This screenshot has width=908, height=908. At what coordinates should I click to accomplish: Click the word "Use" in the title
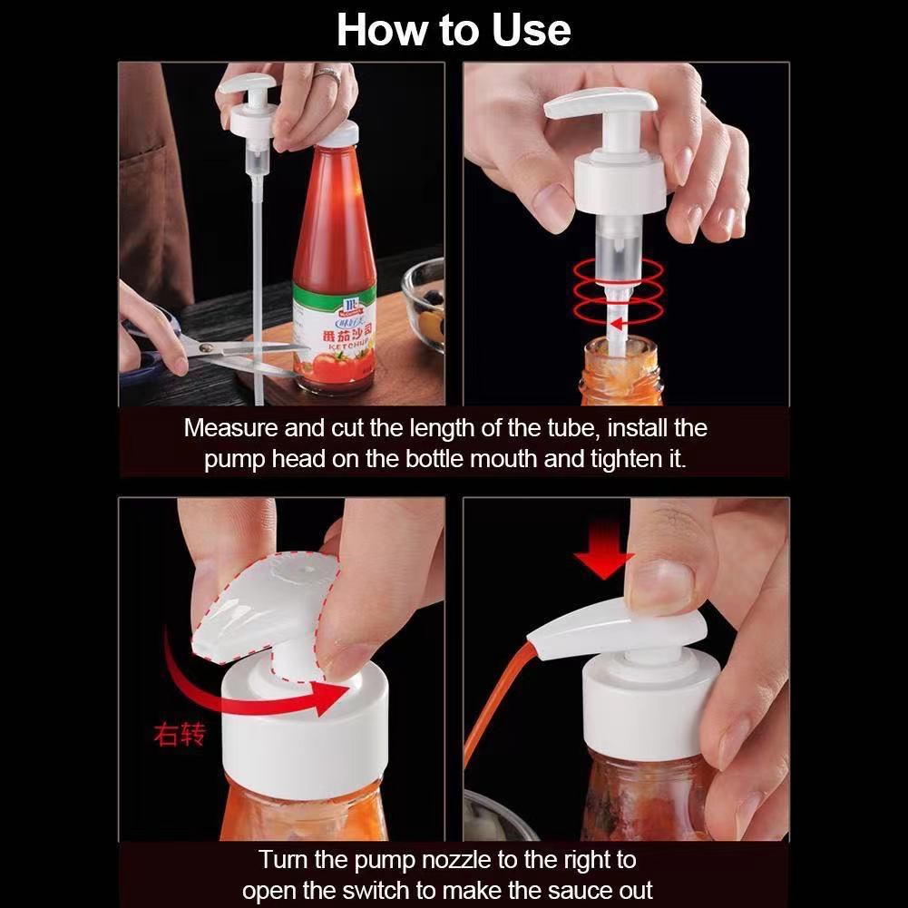[x=531, y=30]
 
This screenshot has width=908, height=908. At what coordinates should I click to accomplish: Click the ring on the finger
[x=327, y=75]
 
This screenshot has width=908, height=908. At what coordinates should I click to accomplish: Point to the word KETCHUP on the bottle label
[x=350, y=346]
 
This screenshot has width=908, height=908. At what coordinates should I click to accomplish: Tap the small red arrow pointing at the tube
[x=618, y=323]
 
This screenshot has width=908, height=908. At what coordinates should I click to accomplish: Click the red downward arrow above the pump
[x=603, y=550]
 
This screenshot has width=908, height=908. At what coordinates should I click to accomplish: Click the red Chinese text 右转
[x=180, y=734]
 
